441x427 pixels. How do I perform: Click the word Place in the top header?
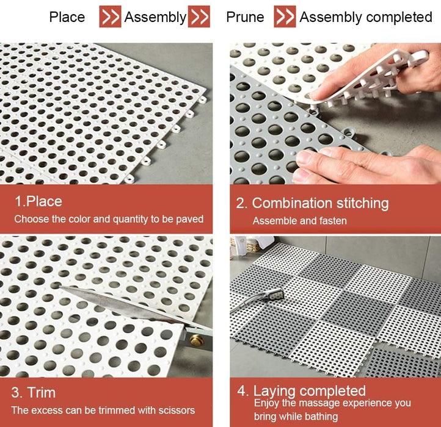tap(67, 17)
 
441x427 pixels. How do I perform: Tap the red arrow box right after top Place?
tap(110, 16)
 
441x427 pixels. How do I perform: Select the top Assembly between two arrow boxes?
tap(155, 18)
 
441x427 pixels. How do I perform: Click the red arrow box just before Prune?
tap(199, 16)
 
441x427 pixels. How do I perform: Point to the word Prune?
tap(246, 17)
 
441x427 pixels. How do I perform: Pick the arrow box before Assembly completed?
tap(285, 16)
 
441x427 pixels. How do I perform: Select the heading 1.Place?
tap(38, 201)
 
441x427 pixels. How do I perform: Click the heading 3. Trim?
tap(34, 392)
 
